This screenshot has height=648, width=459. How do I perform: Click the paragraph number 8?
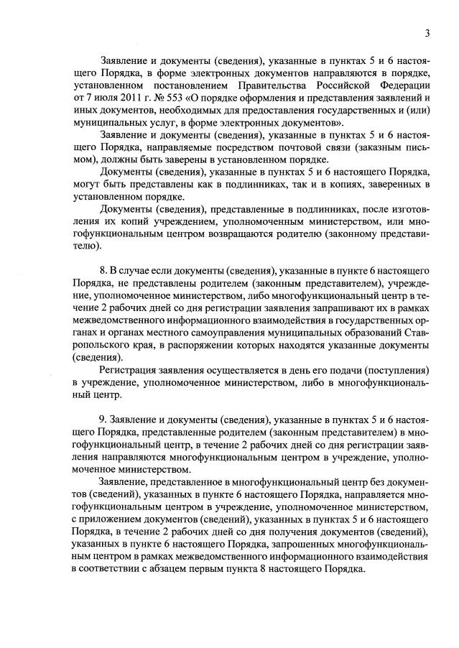(103, 270)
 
